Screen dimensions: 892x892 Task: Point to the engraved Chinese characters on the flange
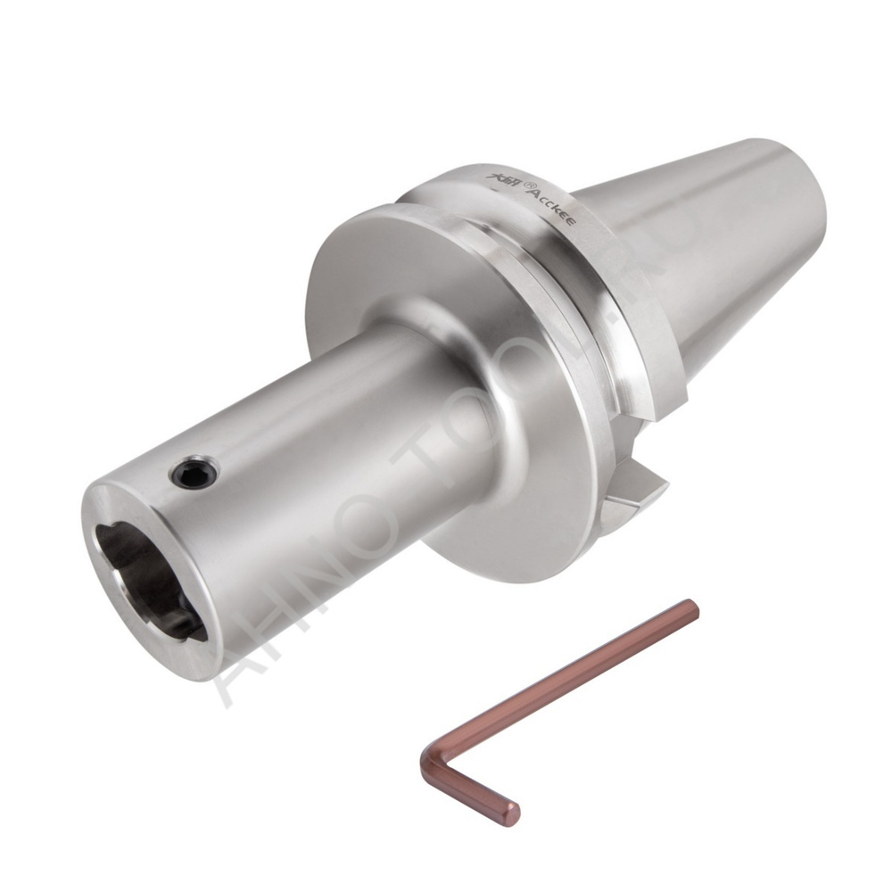click(x=506, y=173)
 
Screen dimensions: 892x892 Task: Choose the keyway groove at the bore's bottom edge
click(x=183, y=624)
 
